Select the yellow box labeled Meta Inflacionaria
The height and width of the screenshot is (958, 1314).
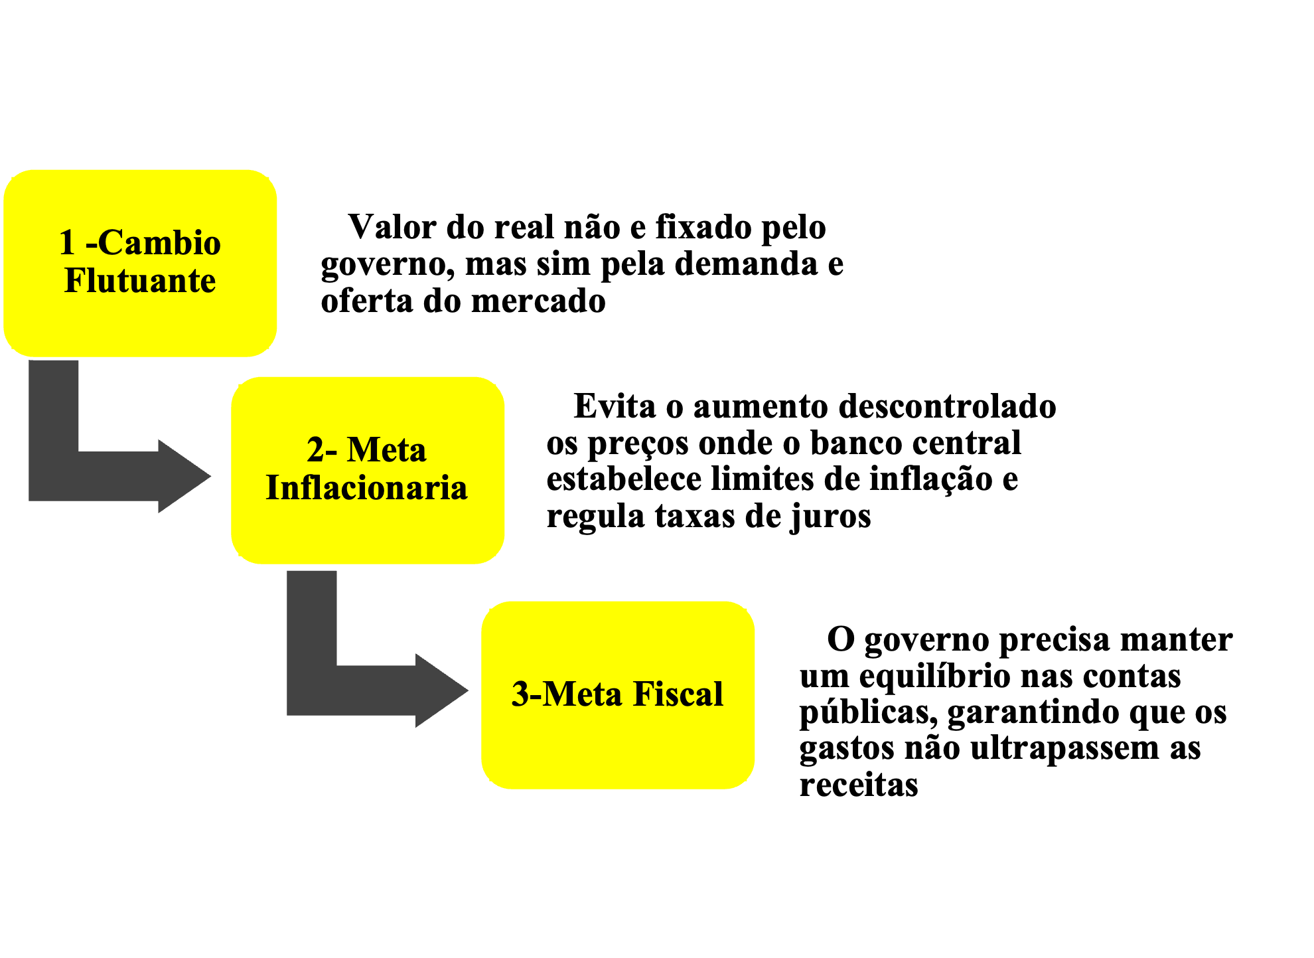click(368, 531)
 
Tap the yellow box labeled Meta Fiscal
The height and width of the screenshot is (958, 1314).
click(618, 750)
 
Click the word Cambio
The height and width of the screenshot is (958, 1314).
click(160, 243)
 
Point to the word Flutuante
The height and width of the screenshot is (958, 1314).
click(140, 281)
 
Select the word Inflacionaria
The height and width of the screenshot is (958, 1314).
click(367, 488)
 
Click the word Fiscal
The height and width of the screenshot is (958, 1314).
click(678, 694)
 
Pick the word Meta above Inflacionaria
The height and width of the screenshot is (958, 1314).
click(386, 450)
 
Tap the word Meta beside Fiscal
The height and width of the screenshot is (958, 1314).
click(582, 694)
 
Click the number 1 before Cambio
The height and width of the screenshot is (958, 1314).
click(67, 243)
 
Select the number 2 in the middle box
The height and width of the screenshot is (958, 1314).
click(316, 450)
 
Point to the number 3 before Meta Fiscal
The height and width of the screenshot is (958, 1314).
click(520, 694)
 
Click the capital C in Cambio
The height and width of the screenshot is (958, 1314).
click(111, 243)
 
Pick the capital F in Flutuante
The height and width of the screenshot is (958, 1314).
click(76, 281)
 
